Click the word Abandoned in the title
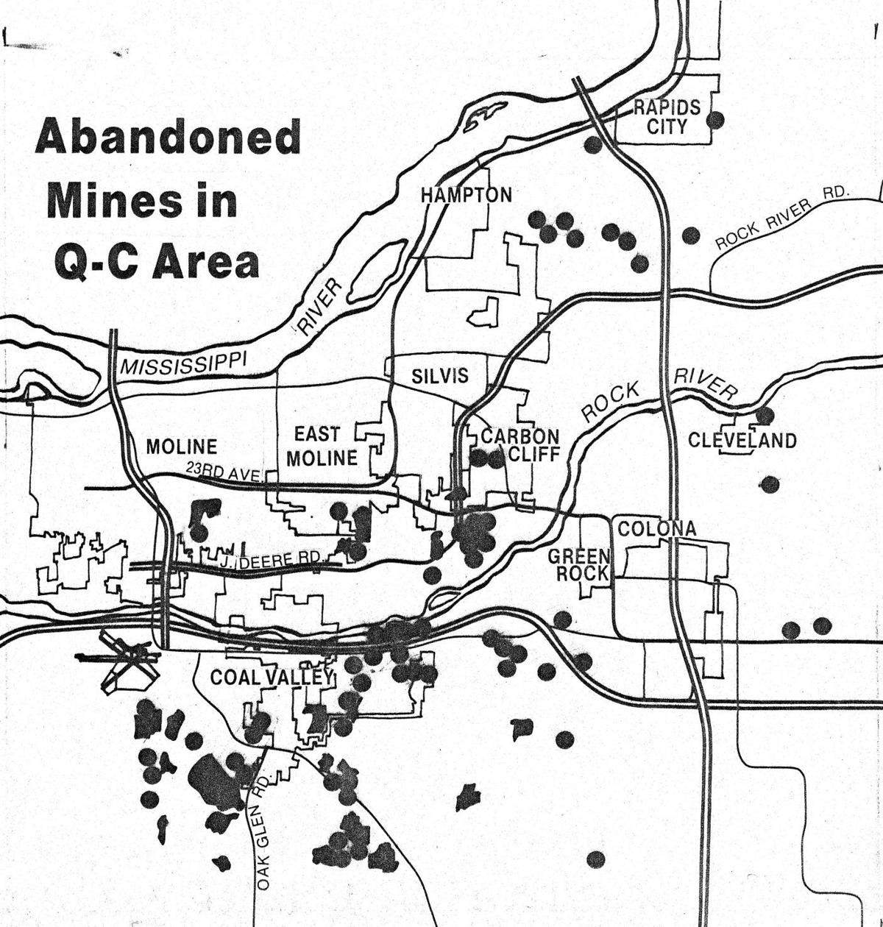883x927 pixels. click(168, 138)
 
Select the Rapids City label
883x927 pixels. click(667, 117)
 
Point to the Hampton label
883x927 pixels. click(466, 195)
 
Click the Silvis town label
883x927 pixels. click(439, 376)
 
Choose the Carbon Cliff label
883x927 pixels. click(520, 444)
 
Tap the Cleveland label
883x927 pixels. click(742, 440)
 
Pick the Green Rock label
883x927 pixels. click(579, 564)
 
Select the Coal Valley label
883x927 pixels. click(272, 677)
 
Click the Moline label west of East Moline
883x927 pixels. click(181, 447)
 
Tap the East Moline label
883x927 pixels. click(322, 446)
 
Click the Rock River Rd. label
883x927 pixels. click(781, 219)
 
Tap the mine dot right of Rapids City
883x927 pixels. click(715, 119)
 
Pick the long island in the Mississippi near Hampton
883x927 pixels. click(375, 271)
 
